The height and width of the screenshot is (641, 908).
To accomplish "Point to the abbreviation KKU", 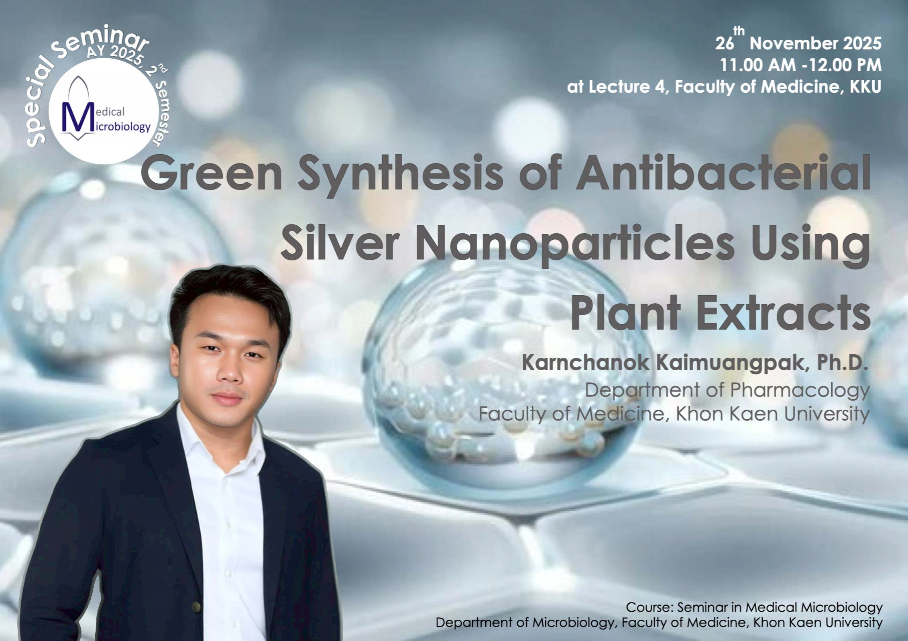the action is coord(865,87).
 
